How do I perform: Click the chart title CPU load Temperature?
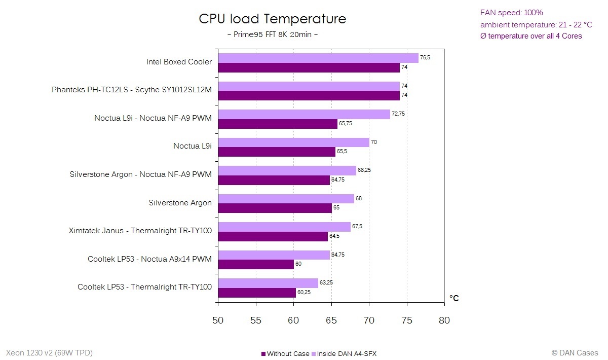[272, 19]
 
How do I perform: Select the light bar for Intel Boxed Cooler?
[318, 58]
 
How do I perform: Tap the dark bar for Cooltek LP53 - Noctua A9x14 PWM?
[256, 264]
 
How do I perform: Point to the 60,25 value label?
[305, 293]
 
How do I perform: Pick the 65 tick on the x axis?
[331, 320]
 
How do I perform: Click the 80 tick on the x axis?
[444, 320]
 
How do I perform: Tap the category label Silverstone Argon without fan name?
[180, 203]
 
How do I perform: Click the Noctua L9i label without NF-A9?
[192, 146]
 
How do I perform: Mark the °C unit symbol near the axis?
[454, 298]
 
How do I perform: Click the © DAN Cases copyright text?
[575, 353]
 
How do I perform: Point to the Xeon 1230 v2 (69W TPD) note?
[49, 353]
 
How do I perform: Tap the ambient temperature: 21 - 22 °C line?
[536, 24]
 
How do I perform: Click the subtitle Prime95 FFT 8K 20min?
[272, 34]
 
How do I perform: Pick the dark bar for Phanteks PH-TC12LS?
[309, 95]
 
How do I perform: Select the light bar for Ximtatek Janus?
[284, 227]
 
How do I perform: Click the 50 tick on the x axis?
[218, 320]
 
